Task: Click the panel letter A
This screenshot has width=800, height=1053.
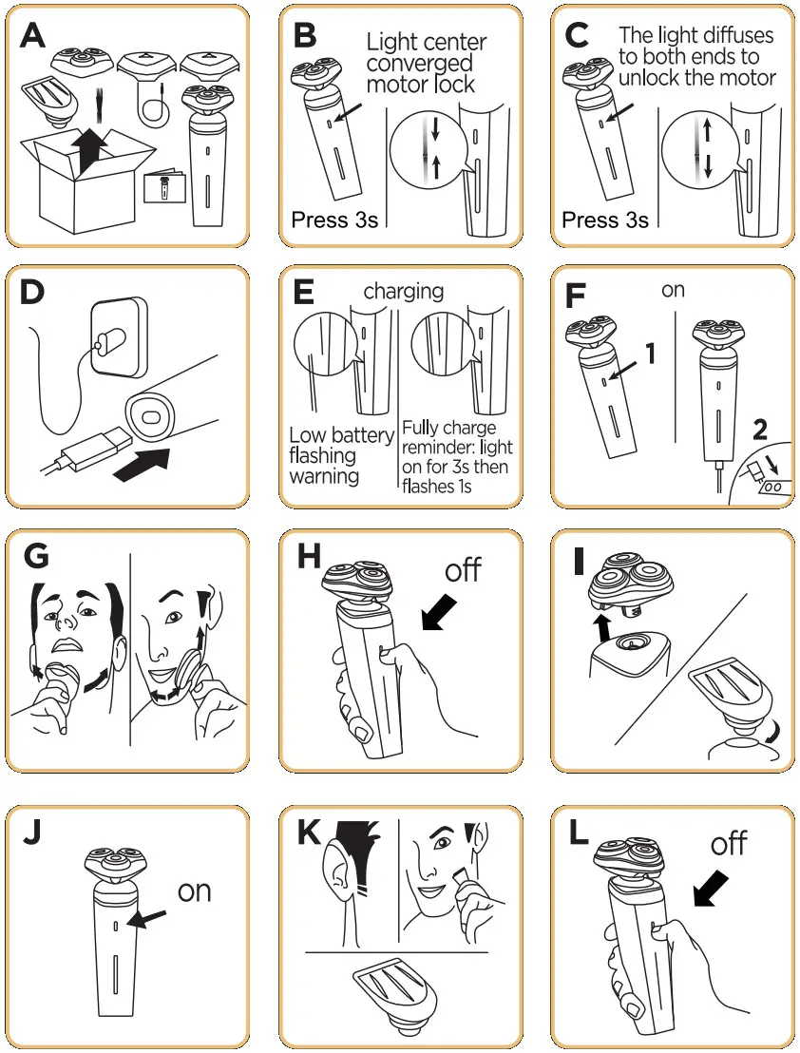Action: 32,35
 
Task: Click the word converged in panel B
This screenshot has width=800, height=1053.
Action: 419,64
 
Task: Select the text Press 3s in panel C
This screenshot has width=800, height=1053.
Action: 604,220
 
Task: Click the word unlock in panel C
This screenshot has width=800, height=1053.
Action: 648,77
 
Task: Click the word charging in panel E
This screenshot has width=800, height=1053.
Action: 404,292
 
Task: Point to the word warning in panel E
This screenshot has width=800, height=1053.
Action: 324,476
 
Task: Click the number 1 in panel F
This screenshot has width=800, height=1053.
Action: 650,354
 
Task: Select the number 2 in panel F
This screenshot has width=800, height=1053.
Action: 759,430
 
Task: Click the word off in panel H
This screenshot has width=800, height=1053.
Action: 463,571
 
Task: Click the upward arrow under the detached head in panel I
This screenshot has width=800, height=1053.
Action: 603,627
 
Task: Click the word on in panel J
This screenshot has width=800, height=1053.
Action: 194,891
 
